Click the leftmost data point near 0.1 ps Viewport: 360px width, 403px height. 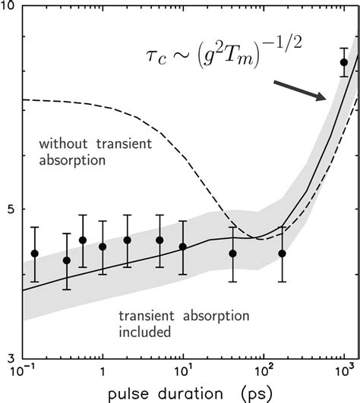[x=34, y=253]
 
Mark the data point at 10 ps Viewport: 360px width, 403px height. [x=183, y=247]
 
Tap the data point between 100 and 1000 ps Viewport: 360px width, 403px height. [x=283, y=253]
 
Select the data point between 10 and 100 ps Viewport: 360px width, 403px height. [x=233, y=253]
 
